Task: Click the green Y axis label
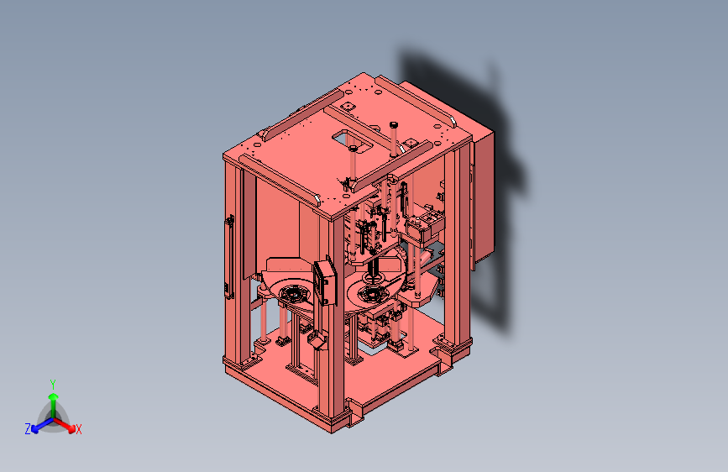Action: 52,383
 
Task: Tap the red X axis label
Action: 79,430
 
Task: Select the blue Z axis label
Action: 27,429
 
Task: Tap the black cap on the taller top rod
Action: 393,124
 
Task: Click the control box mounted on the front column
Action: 324,281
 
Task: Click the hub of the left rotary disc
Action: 294,295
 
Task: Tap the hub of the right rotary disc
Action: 371,294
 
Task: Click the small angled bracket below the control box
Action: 317,340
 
